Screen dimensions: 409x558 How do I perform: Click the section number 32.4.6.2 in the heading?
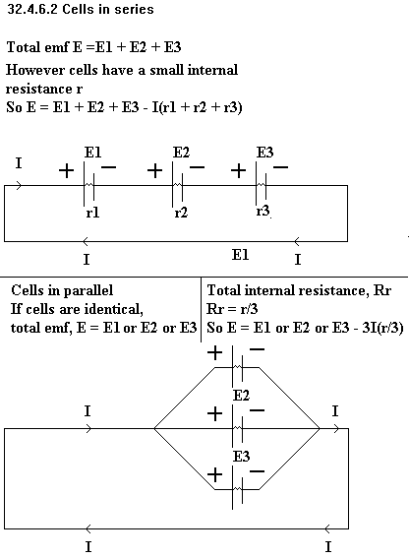33,9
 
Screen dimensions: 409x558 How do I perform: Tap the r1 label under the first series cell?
92,213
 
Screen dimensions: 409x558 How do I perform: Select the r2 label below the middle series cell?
181,213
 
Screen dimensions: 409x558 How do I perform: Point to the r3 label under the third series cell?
263,211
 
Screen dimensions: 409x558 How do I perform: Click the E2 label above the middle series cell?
181,153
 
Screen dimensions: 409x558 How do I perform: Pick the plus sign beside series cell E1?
66,171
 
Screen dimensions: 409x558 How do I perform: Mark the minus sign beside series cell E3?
280,166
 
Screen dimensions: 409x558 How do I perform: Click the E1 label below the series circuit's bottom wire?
241,255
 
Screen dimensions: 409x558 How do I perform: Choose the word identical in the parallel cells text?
108,309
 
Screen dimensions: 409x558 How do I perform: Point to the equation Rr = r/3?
232,309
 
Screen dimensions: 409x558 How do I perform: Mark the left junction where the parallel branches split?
154,428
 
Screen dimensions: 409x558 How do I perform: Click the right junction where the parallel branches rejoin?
320,428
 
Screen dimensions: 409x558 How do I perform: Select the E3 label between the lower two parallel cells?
241,456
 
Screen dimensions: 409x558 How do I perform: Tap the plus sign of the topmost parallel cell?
214,353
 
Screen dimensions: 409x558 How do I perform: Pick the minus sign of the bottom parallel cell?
258,471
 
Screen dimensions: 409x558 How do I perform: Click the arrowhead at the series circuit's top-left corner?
19,185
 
